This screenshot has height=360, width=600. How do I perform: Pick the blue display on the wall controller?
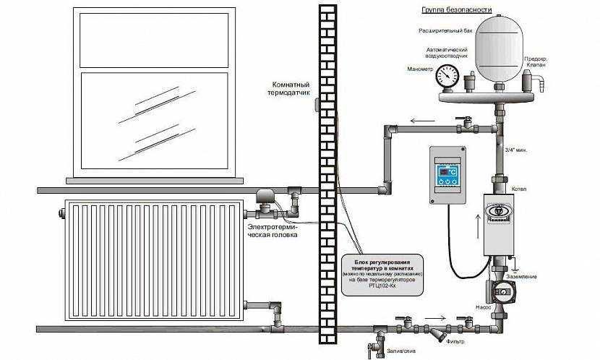[x=444, y=172]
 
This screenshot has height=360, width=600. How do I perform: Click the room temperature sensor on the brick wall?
[x=319, y=106]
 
